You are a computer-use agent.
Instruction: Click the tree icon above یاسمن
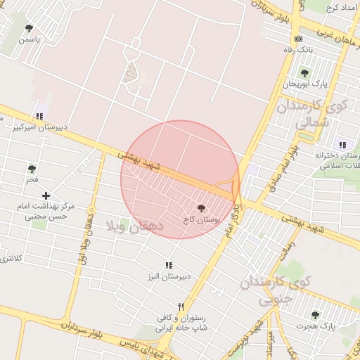coord(29,29)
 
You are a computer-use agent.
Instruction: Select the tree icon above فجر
coord(32,169)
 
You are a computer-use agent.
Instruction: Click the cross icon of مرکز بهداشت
coord(46,195)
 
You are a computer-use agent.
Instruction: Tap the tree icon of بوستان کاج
coord(202,208)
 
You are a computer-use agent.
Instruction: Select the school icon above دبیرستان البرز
coord(168,265)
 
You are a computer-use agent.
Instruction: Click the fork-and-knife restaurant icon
coord(181,307)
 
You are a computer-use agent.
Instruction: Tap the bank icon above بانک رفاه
coord(299,39)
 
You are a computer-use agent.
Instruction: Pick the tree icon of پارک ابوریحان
coord(304,73)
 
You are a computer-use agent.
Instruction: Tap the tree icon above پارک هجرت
coord(314,315)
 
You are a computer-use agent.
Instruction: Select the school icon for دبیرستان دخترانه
coord(343,144)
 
